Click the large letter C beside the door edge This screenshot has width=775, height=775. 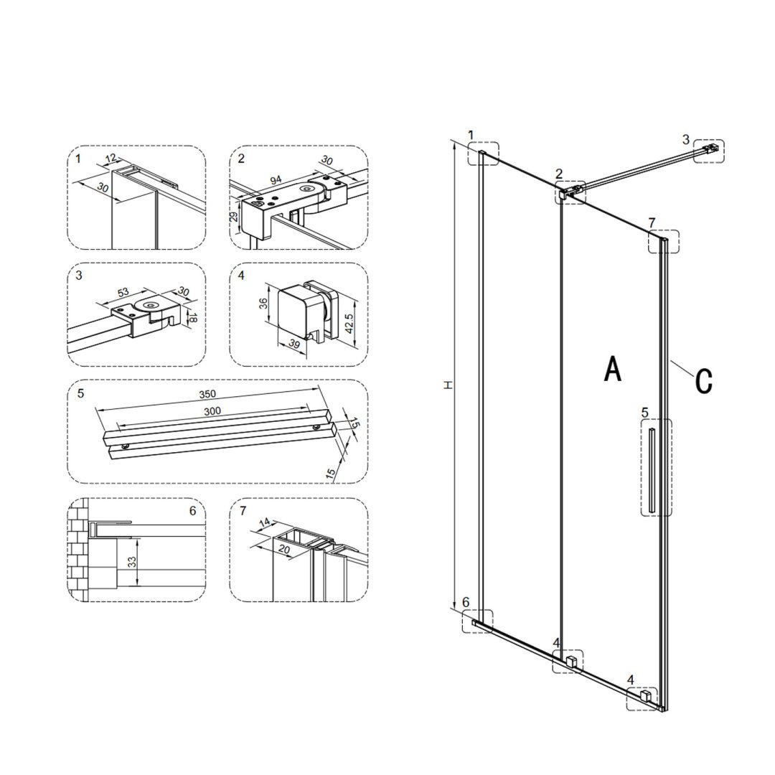coord(703,380)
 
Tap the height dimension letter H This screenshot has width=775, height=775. coord(448,384)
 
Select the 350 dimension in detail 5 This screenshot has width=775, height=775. coord(207,394)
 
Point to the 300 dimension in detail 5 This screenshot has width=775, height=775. coord(212,410)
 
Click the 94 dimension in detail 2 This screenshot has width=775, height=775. coord(276,179)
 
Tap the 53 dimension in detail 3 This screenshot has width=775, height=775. coord(123,293)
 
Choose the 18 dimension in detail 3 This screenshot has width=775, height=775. coord(193,318)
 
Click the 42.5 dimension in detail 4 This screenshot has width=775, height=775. coord(349,323)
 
